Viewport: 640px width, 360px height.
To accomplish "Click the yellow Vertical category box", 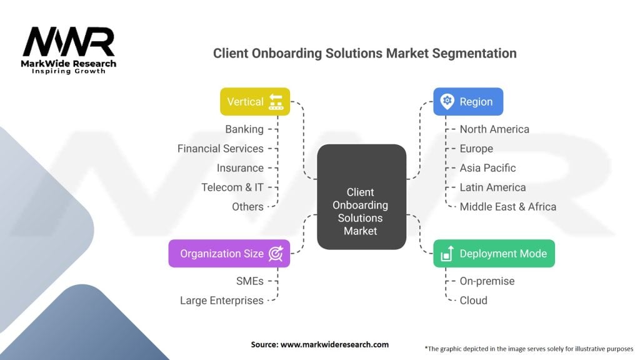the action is pyautogui.click(x=255, y=101).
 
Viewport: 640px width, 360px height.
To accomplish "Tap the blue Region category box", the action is pyautogui.click(x=468, y=101).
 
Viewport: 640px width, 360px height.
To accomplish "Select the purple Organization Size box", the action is pyautogui.click(x=229, y=253).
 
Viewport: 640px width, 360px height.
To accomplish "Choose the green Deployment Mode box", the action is pyautogui.click(x=494, y=253).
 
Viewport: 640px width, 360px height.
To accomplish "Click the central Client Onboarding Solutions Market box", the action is pyautogui.click(x=361, y=197).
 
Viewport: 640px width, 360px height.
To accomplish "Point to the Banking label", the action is pyautogui.click(x=244, y=129).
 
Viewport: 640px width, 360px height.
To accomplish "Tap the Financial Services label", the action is pyautogui.click(x=220, y=149).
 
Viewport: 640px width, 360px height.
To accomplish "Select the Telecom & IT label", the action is pyautogui.click(x=232, y=187).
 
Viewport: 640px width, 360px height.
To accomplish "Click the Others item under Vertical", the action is pyautogui.click(x=247, y=207).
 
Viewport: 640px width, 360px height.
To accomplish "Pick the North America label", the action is pyautogui.click(x=494, y=129).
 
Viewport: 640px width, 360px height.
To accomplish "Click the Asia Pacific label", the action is pyautogui.click(x=487, y=168).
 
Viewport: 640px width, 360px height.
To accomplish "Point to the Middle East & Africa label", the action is pyautogui.click(x=507, y=207).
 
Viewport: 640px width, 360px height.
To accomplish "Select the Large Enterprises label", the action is pyautogui.click(x=221, y=301).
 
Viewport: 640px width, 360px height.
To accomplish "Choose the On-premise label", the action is pyautogui.click(x=487, y=281).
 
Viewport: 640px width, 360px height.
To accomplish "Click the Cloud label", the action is pyautogui.click(x=473, y=301).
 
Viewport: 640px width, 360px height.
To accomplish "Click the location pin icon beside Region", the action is pyautogui.click(x=447, y=101).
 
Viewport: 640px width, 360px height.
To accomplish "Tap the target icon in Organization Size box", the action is pyautogui.click(x=276, y=253).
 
